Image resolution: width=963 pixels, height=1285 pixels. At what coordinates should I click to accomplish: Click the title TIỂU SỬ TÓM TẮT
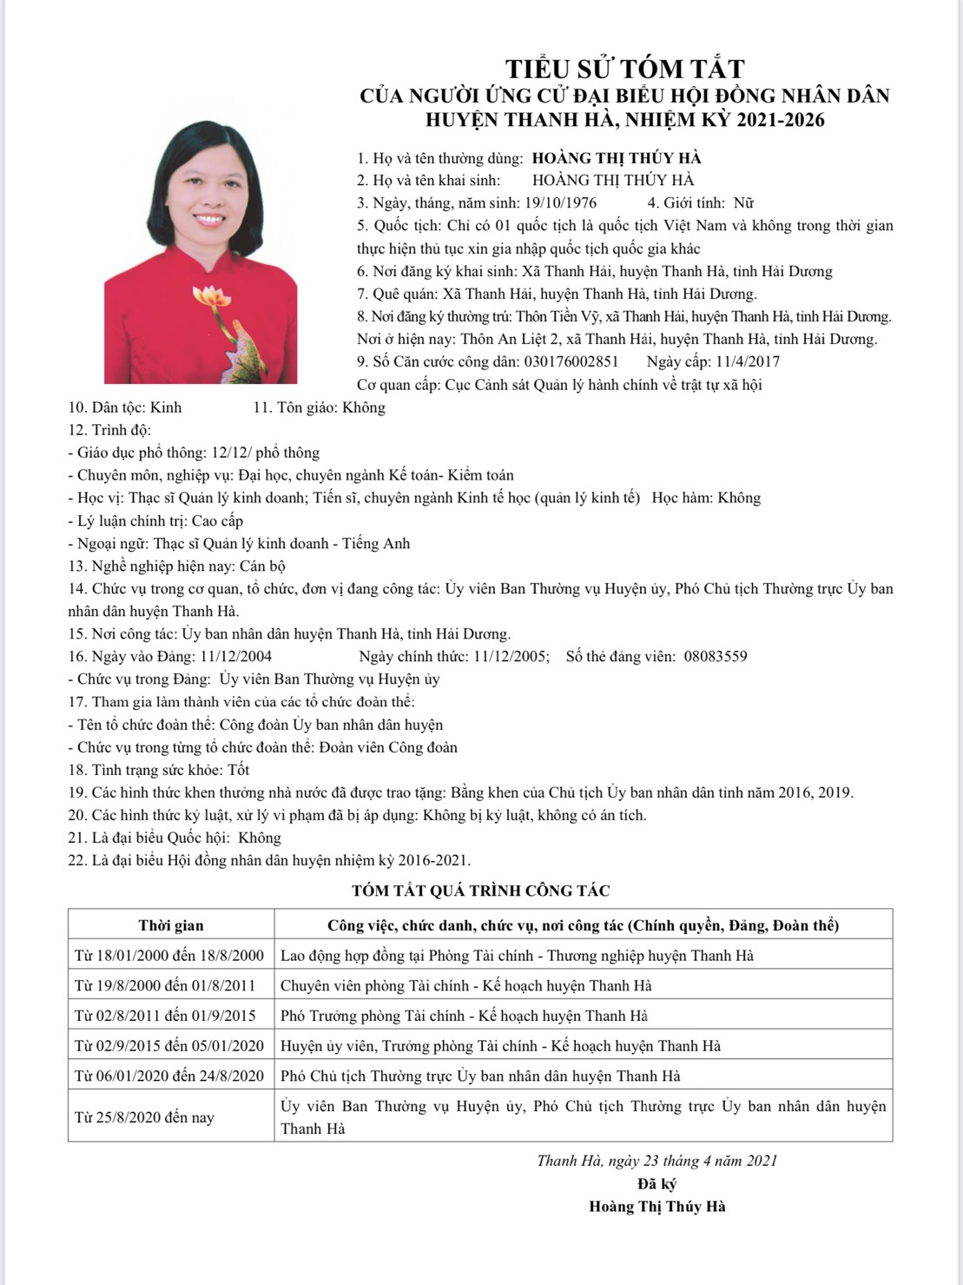625,69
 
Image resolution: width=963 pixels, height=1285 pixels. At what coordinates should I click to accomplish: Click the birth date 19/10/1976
561,203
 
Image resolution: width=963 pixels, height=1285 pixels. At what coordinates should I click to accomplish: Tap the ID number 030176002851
571,362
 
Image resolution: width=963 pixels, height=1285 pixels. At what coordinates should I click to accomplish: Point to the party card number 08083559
715,657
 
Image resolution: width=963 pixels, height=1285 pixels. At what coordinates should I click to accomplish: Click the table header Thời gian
171,925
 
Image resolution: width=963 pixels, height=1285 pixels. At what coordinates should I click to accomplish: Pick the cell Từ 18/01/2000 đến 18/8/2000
169,956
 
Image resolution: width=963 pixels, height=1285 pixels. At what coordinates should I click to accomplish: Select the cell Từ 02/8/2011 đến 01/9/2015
165,1016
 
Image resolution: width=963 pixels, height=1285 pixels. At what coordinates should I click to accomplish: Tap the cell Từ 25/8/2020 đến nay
144,1117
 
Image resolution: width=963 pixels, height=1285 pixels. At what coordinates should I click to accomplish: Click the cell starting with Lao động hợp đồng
517,956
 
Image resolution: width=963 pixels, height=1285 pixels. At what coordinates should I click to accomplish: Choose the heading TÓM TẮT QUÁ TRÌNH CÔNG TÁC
480,891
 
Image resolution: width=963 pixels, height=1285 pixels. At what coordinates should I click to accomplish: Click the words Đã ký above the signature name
656,1183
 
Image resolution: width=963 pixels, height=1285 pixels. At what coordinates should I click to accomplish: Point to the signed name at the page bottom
656,1207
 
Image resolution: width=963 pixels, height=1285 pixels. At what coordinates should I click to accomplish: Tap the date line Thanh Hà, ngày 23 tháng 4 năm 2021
656,1161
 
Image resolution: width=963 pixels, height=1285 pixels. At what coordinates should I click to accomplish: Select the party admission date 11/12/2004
236,657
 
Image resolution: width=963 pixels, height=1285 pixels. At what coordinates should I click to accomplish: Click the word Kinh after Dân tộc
166,407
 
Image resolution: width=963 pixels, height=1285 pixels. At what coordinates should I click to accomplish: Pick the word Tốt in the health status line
239,770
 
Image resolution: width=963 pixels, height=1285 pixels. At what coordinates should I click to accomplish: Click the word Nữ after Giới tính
743,203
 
